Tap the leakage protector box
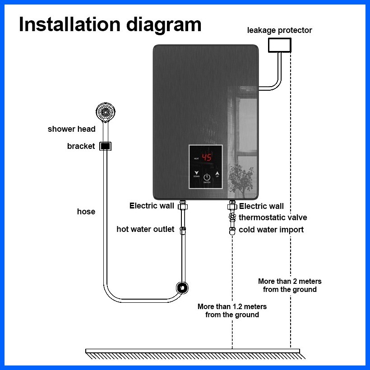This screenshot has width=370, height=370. pos(280,45)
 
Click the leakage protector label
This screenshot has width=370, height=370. pos(279,30)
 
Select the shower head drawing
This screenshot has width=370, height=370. pos(106,112)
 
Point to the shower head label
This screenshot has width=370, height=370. pos(72,129)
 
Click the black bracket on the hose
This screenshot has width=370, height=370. pos(105,146)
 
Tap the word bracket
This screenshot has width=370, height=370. pos(81,146)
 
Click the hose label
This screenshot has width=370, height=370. pos(86,212)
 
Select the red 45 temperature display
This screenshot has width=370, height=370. pos(206,157)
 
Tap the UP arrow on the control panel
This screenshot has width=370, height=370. pos(217,173)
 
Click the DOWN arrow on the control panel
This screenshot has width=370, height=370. pos(196,173)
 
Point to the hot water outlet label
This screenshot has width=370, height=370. pos(145,229)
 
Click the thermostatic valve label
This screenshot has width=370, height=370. pos(273,218)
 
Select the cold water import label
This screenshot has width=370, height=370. pos(271,230)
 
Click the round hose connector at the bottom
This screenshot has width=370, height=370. pos(182,287)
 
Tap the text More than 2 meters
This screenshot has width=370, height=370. pos(290,281)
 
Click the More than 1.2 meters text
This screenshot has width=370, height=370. pos(232,306)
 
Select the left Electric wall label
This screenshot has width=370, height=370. pos(152,206)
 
